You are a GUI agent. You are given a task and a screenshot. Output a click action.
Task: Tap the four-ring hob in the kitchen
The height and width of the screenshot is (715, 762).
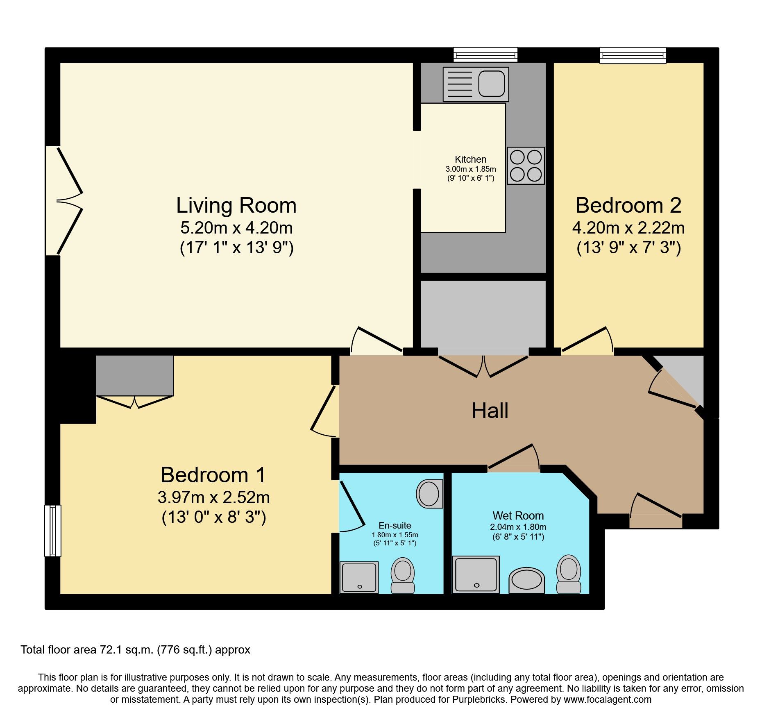526,166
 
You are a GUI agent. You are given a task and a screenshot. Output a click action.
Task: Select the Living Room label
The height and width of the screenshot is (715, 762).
236,205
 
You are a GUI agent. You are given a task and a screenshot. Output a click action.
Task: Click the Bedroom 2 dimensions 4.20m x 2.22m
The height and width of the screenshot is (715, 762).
628,228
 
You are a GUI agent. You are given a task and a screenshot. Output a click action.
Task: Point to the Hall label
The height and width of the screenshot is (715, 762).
490,411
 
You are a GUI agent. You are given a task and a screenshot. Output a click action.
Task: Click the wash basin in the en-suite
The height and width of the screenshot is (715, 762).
429,494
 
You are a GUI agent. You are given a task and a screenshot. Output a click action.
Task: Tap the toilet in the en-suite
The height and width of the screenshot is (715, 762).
403,574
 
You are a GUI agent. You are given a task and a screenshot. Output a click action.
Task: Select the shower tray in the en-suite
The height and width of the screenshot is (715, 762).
359,578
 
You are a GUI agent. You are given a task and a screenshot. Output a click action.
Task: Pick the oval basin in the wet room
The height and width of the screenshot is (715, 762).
526,580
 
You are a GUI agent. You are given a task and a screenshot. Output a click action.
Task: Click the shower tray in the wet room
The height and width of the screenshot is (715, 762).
476,574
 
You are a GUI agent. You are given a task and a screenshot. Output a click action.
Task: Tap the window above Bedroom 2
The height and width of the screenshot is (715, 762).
633,55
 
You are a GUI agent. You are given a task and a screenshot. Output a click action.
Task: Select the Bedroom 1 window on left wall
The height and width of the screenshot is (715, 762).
53,531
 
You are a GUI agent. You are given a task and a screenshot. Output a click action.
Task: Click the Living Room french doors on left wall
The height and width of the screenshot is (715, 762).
63,201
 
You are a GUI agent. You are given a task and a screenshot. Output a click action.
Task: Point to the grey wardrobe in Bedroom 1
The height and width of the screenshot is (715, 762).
134,375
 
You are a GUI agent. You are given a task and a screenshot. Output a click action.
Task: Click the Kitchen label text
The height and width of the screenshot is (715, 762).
470,159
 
